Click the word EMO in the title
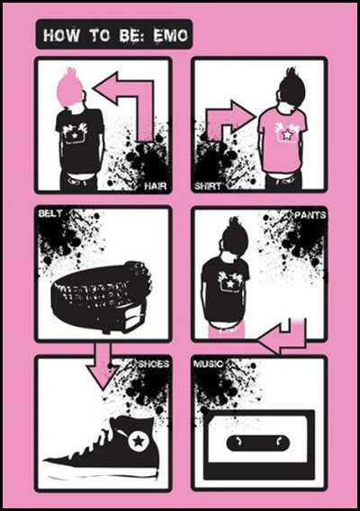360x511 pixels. [x=171, y=35]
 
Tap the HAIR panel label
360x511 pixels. [x=155, y=186]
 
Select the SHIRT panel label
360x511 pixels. [x=207, y=186]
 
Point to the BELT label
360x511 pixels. [x=49, y=213]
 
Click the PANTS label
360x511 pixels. [x=310, y=215]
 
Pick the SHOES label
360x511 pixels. [x=154, y=363]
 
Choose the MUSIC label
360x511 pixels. [x=209, y=363]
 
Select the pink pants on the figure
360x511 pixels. [x=226, y=329]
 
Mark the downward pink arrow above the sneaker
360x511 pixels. [x=103, y=365]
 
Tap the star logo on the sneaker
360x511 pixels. [x=139, y=441]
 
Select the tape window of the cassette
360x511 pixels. [x=258, y=443]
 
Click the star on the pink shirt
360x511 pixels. [x=287, y=134]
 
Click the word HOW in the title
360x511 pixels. [x=61, y=35]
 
